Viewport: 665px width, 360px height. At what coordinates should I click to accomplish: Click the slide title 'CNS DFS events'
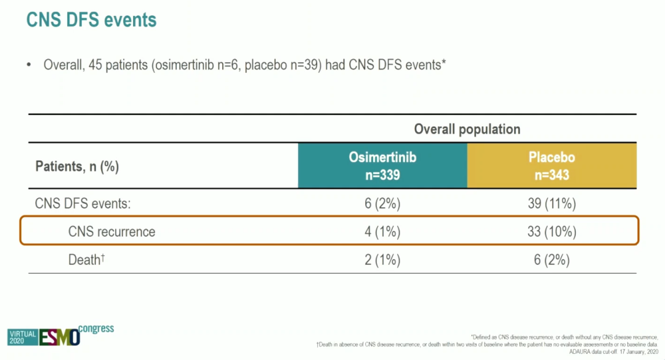[x=91, y=20]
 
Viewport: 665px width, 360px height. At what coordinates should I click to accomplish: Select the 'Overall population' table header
[x=467, y=129]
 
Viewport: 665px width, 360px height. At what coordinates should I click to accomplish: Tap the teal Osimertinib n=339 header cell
[x=382, y=166]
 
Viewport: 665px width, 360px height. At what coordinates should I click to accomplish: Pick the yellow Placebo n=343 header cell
[x=552, y=166]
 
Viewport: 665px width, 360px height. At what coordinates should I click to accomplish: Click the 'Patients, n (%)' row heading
[x=77, y=166]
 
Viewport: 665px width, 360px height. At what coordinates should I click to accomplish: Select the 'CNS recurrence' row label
[x=111, y=231]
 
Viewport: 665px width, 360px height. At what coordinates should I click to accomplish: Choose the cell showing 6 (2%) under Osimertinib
[x=382, y=204]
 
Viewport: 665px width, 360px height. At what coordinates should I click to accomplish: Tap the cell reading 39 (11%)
[x=552, y=204]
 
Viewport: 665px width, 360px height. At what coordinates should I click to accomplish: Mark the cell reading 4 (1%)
[x=382, y=231]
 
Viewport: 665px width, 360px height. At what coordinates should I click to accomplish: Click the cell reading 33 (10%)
[x=552, y=231]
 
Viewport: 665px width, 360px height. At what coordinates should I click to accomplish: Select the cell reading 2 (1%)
[x=382, y=260]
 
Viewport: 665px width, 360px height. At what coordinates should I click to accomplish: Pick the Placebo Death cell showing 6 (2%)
[x=552, y=260]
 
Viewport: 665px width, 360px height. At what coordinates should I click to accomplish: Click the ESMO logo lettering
[x=60, y=337]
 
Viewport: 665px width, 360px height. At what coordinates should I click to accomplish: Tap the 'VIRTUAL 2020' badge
[x=22, y=337]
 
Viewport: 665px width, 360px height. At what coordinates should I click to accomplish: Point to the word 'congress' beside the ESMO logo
[x=96, y=328]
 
